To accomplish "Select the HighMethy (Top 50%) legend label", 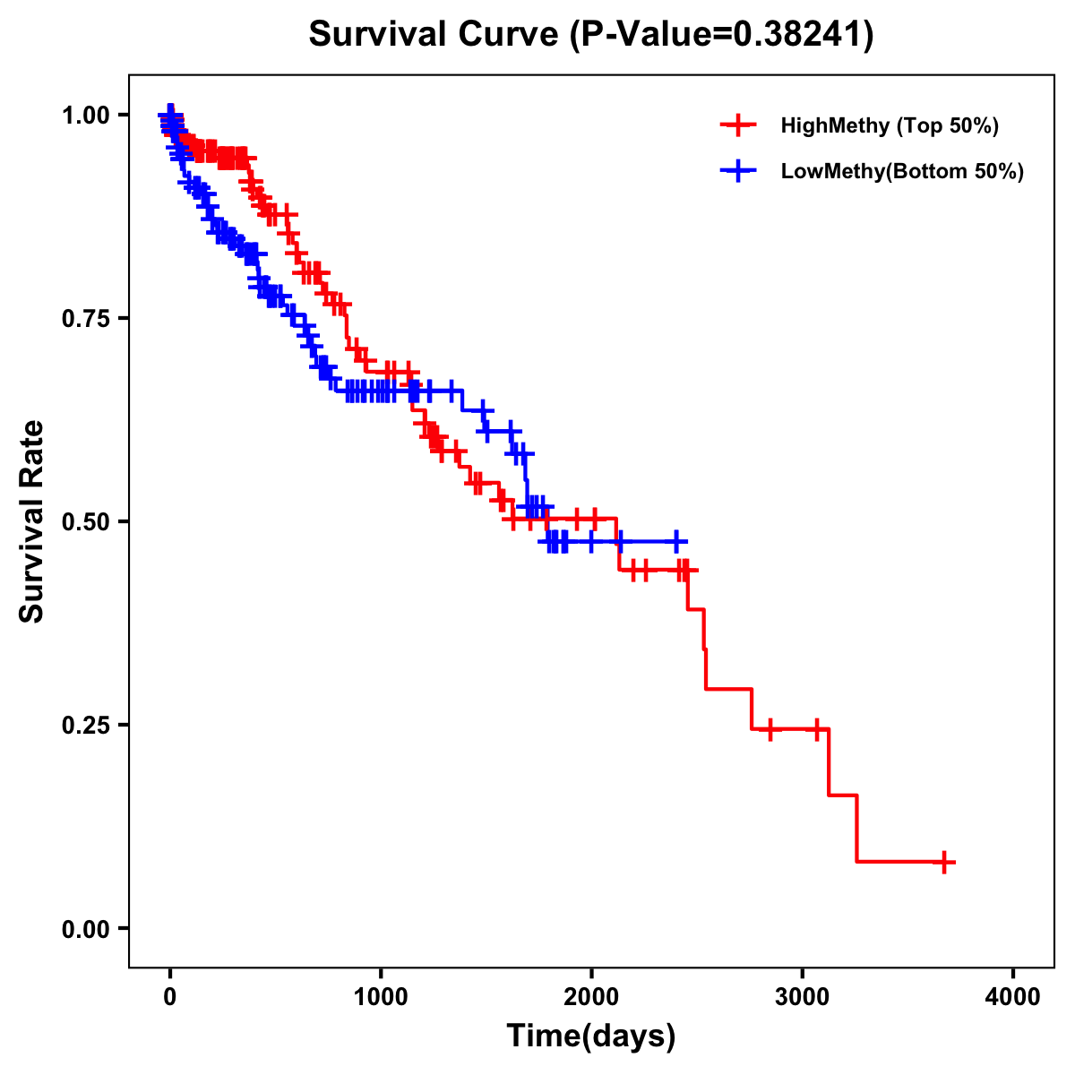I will [890, 125].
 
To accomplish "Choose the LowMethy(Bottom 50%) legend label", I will [902, 171].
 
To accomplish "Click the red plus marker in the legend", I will [738, 125].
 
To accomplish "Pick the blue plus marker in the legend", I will [738, 171].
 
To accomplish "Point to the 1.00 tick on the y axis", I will [85, 115].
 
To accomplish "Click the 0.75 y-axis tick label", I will [85, 318].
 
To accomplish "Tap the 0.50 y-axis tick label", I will [85, 521].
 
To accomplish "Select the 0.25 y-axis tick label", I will [85, 725].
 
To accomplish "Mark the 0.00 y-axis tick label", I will [85, 928].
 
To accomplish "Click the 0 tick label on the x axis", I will [170, 997].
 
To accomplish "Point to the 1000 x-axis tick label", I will [381, 997].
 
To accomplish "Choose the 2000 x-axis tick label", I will [591, 997].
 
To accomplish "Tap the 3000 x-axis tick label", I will [803, 997].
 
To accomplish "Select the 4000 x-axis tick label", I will [1013, 997].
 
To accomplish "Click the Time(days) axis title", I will [591, 1036].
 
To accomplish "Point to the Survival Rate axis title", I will [32, 521].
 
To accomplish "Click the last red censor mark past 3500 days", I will [944, 862].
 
